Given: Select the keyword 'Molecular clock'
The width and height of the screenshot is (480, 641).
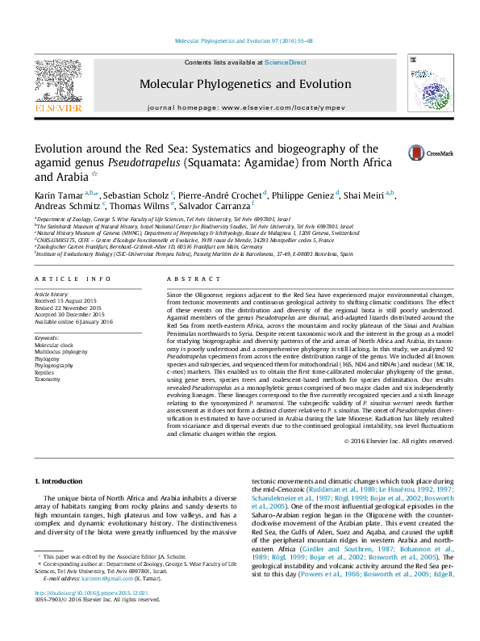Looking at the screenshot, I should pos(54,344).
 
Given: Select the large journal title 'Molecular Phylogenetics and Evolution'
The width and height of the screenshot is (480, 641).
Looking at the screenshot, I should pos(245,84).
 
